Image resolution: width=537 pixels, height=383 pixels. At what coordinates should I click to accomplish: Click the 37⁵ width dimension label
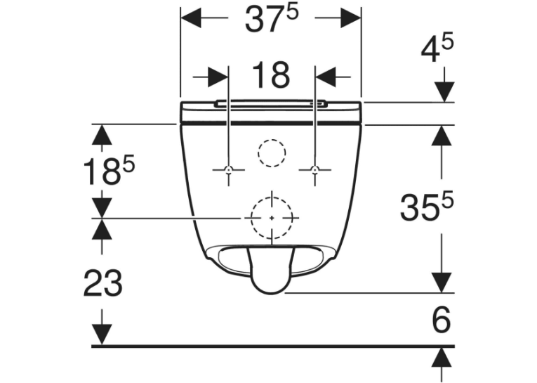(x=272, y=19)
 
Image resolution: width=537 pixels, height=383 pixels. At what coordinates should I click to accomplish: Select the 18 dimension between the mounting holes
(x=271, y=74)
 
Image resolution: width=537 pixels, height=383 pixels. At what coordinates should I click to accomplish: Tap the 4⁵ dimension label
(x=437, y=47)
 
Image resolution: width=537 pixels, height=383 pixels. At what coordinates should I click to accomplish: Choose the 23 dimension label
(x=102, y=283)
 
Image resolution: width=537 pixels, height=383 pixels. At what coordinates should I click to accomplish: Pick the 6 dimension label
(x=442, y=320)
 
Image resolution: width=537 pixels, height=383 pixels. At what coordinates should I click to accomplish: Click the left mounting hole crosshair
(x=228, y=169)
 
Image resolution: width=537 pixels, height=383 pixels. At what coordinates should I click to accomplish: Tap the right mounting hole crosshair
(x=314, y=169)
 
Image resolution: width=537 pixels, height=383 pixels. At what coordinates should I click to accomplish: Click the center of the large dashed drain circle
(x=272, y=218)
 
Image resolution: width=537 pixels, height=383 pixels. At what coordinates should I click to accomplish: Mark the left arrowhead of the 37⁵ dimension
(x=190, y=18)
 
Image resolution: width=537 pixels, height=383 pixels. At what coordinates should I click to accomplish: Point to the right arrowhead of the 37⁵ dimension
(x=351, y=18)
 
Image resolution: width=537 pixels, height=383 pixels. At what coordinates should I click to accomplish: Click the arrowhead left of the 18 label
(x=218, y=77)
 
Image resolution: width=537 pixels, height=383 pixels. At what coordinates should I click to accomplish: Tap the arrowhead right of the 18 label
(x=325, y=77)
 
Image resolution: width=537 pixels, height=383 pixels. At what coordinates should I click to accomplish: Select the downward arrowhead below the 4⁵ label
(x=444, y=92)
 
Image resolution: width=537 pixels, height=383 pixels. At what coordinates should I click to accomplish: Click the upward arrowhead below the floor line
(x=444, y=358)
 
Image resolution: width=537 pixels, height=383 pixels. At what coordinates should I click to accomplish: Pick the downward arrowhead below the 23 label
(x=102, y=335)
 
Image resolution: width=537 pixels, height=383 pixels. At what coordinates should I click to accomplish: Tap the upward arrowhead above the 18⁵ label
(x=102, y=135)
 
